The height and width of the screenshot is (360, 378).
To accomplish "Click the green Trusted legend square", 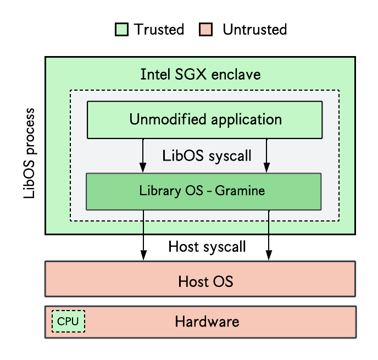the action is [121, 30].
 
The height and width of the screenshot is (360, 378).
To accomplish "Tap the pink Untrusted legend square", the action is [205, 30].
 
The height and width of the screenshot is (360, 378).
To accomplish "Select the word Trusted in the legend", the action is [159, 30].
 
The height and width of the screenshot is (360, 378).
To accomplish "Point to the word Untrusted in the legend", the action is [255, 30].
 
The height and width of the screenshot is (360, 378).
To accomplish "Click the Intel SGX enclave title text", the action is [201, 74].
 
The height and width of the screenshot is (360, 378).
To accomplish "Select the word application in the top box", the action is [246, 120].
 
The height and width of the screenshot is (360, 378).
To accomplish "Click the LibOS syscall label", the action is [207, 156].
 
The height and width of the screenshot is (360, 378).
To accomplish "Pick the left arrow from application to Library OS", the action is [143, 156].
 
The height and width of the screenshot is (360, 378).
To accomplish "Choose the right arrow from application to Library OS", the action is [266, 156].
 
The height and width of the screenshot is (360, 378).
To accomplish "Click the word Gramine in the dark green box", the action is [240, 191].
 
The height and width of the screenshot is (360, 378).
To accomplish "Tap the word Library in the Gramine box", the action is [160, 191].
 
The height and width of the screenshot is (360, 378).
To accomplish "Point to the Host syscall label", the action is [207, 247].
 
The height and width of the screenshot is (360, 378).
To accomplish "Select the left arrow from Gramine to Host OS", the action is [143, 235].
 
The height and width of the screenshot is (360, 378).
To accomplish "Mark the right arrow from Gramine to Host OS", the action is [269, 235].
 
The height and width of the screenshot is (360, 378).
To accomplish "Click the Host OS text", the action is [205, 281].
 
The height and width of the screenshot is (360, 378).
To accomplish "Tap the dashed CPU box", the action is [68, 321].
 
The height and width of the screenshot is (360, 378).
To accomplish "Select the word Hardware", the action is [207, 322].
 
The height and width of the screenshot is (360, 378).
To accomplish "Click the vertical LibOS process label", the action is [30, 153].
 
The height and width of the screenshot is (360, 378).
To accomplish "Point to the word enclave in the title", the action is [236, 74].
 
